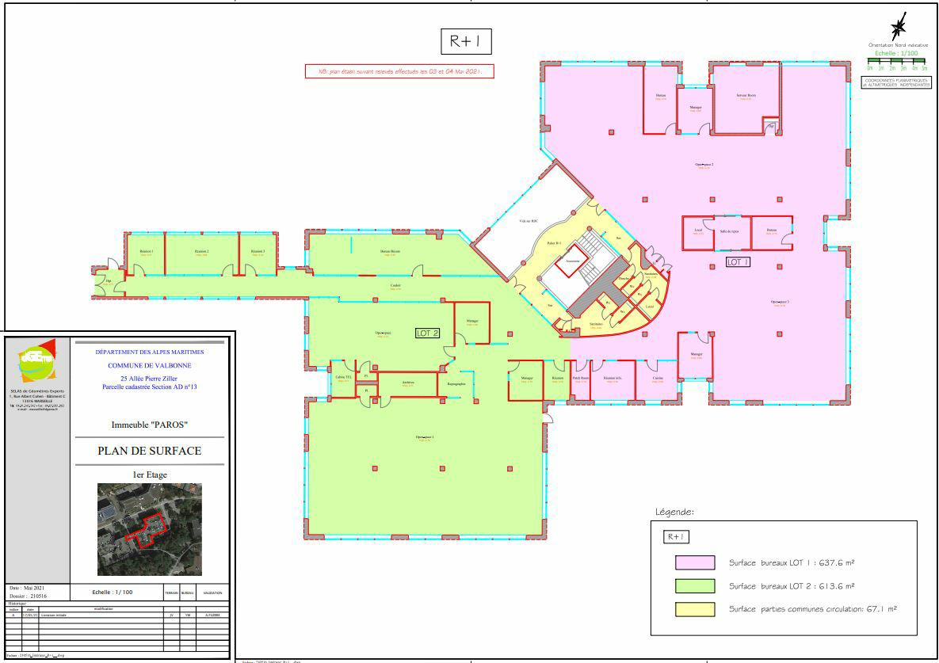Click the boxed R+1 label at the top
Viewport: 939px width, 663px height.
tap(466, 42)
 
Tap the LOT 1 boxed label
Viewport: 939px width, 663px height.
tap(738, 261)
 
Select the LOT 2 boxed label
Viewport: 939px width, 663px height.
tap(427, 333)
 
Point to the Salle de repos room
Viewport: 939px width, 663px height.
tap(729, 232)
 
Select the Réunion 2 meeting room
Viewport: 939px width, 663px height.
tap(201, 253)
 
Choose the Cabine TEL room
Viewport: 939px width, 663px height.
tap(343, 379)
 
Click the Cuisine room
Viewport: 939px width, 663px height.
tap(658, 379)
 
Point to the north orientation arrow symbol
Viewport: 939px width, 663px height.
tap(899, 28)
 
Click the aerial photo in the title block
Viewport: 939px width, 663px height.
tap(149, 528)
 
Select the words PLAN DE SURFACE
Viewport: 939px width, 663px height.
tap(149, 451)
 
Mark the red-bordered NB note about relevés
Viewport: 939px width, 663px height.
tap(399, 71)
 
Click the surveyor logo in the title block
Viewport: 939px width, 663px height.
tap(38, 363)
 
